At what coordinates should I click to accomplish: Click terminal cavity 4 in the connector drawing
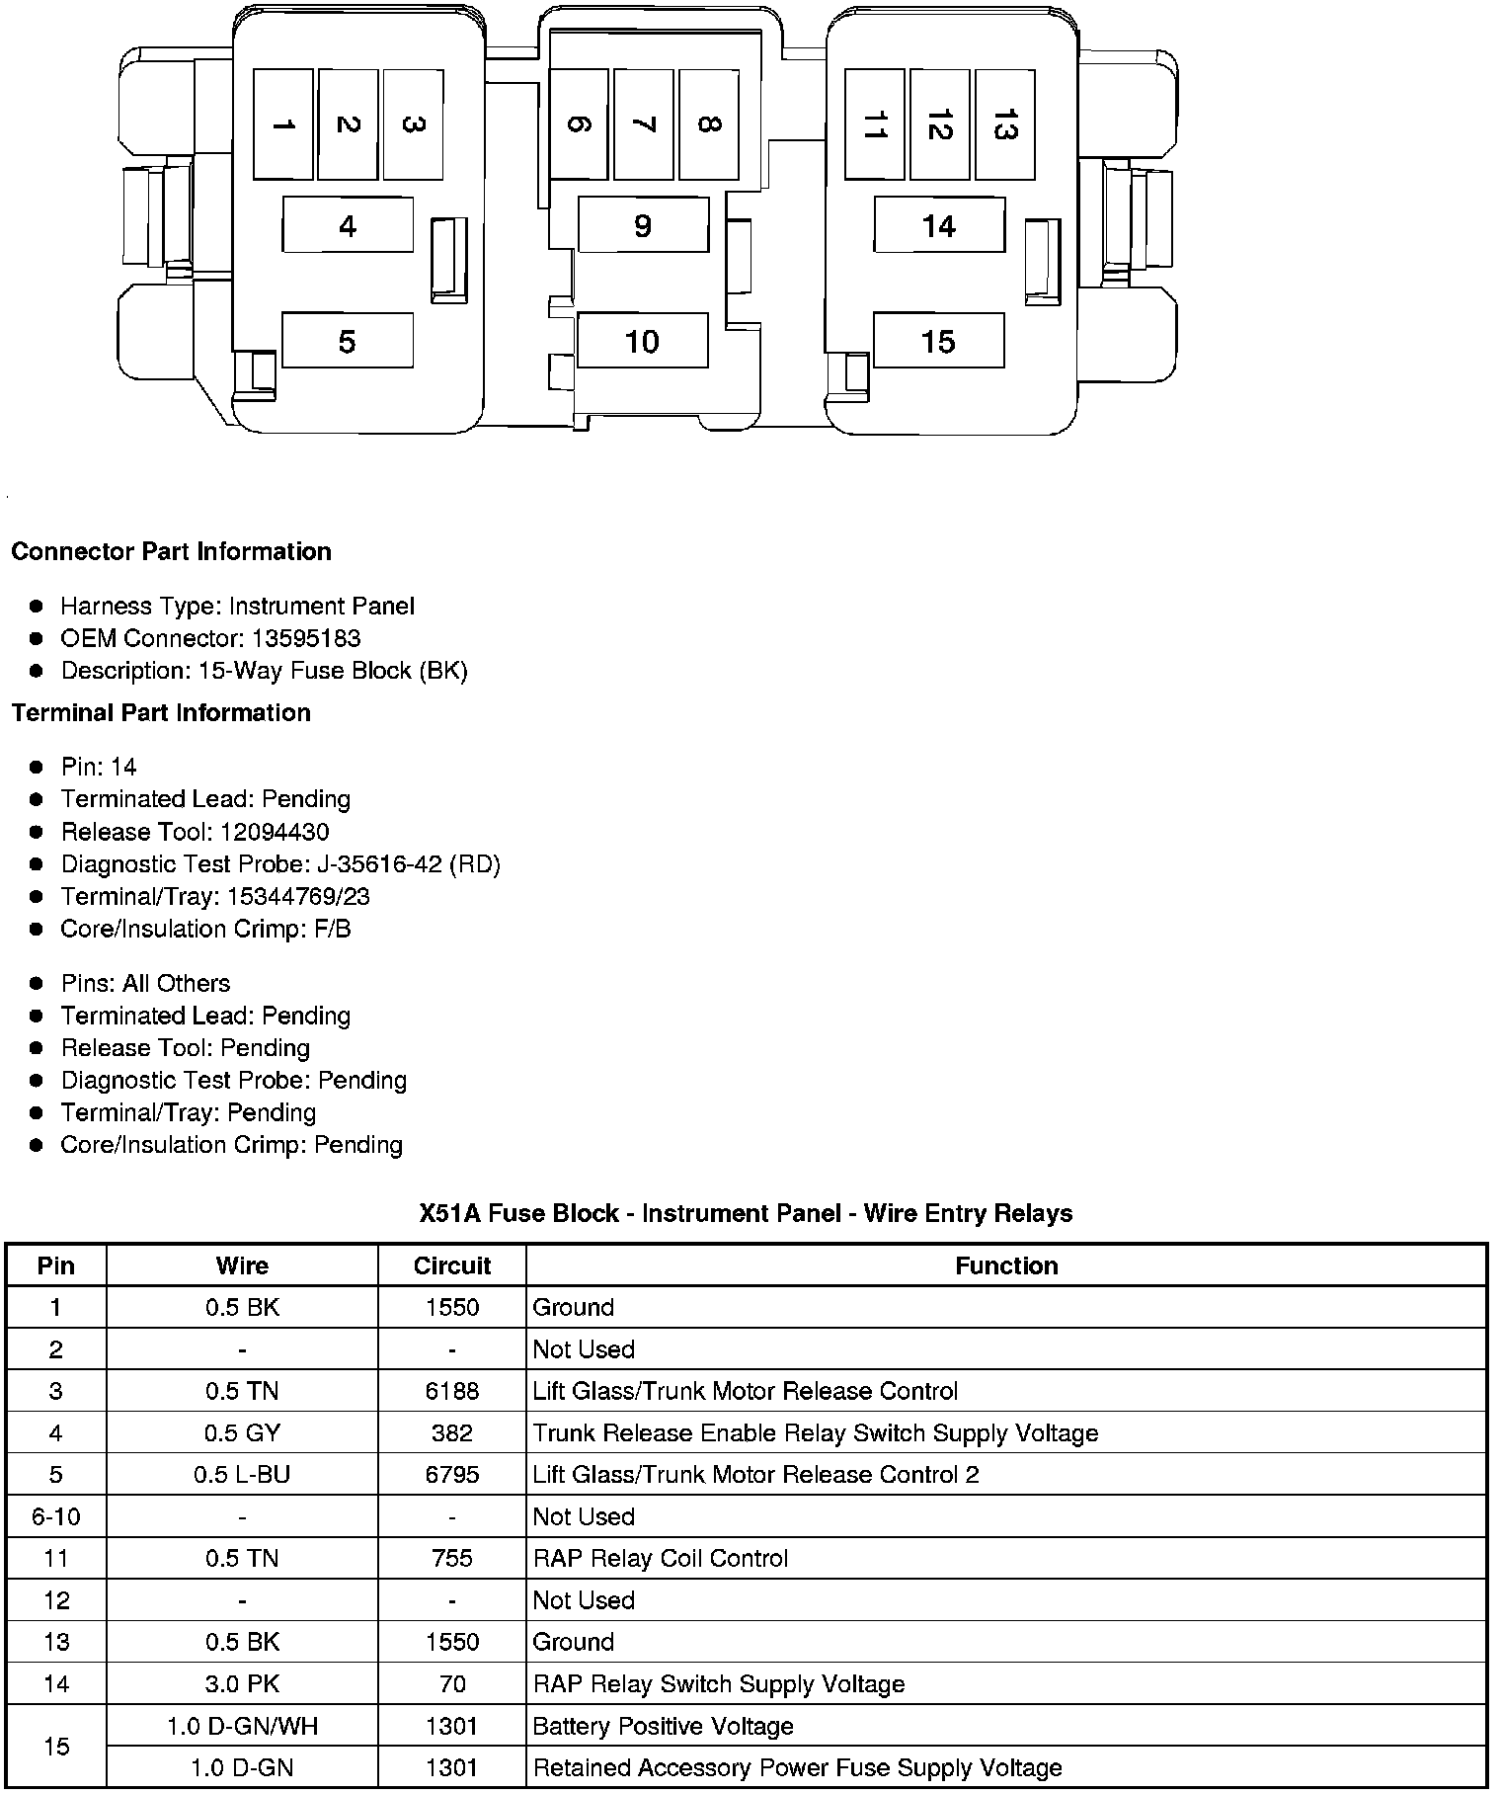point(348,225)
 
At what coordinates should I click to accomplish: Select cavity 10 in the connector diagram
point(642,341)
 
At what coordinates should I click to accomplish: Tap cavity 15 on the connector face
point(938,341)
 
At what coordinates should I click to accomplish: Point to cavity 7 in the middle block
point(643,124)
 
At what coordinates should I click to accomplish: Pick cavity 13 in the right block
point(1004,124)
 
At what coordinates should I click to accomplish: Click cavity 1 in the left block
point(283,124)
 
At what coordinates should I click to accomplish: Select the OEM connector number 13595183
point(305,638)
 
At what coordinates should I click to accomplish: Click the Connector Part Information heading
point(171,551)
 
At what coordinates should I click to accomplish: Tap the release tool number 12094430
point(275,832)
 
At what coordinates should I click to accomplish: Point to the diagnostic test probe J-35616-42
point(380,864)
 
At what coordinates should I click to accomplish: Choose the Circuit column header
point(451,1265)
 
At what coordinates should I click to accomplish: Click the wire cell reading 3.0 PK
point(242,1683)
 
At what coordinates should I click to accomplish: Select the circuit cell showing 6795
point(451,1474)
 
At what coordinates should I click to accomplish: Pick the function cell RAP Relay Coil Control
point(660,1558)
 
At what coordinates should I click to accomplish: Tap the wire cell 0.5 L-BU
point(242,1474)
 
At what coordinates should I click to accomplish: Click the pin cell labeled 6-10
point(55,1516)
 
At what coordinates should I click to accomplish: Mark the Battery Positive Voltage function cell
point(663,1726)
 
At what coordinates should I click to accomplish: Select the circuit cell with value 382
point(451,1432)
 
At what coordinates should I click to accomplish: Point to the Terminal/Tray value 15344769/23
point(298,897)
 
